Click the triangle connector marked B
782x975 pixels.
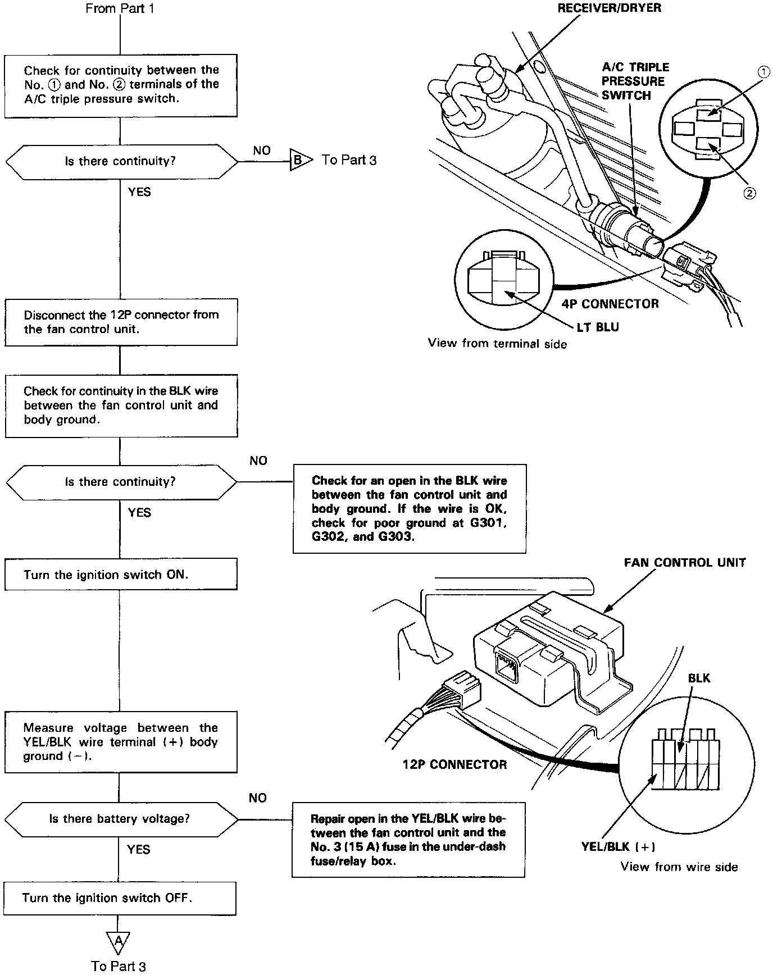[299, 161]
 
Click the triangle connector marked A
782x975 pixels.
[118, 940]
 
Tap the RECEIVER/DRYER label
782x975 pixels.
[609, 8]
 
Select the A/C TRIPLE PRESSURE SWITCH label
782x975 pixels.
[635, 81]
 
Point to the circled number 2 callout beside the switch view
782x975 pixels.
[749, 193]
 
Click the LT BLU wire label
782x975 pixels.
[598, 327]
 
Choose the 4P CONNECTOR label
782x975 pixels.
[610, 304]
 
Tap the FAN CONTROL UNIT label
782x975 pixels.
[685, 563]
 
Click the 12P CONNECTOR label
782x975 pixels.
[454, 764]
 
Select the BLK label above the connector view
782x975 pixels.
[699, 678]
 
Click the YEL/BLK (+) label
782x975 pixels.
[618, 847]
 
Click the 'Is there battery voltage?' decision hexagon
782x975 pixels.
[120, 819]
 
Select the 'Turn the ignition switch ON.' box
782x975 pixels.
[121, 575]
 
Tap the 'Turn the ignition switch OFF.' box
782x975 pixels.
[120, 898]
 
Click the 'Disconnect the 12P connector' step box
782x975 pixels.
[121, 322]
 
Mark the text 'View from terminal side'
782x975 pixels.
[497, 344]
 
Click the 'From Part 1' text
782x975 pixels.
[120, 8]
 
